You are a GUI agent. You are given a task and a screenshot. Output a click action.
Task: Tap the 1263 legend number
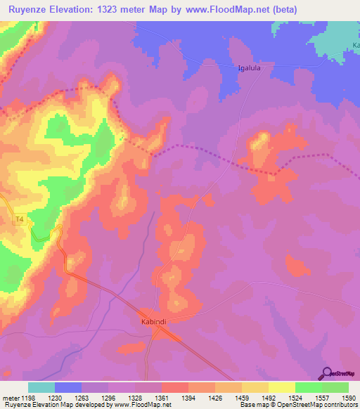coord(81,397)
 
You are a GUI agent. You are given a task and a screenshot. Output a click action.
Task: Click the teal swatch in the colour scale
coord(41,387)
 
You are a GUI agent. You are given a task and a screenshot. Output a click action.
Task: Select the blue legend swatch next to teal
coord(68,387)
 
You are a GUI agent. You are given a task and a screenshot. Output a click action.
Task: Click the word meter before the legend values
coord(10,397)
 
